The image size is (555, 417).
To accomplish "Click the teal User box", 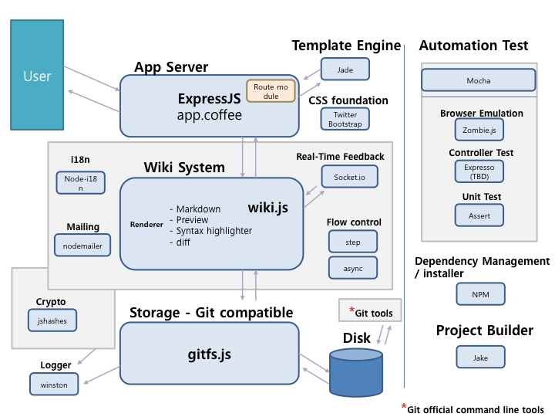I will pyautogui.click(x=37, y=75).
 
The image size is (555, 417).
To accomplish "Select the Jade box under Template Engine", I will pyautogui.click(x=345, y=69).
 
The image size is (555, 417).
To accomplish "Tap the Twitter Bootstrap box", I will pyautogui.click(x=345, y=119).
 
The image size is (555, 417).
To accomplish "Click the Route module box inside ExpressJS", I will pyautogui.click(x=271, y=92).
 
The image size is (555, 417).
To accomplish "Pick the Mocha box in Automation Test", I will pyautogui.click(x=478, y=80).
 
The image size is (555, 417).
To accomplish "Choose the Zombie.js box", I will pyautogui.click(x=479, y=128).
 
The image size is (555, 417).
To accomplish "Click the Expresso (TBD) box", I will pyautogui.click(x=479, y=171).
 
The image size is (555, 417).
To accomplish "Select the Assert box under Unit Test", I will pyautogui.click(x=479, y=215).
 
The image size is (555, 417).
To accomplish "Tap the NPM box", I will pyautogui.click(x=479, y=294).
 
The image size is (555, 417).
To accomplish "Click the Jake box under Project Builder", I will pyautogui.click(x=479, y=357).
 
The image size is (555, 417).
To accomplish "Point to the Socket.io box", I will pyautogui.click(x=350, y=177).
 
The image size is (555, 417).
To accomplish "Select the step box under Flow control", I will pyautogui.click(x=353, y=242).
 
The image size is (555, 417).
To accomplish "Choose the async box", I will pyautogui.click(x=353, y=267).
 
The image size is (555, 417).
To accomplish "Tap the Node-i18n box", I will pyautogui.click(x=80, y=183).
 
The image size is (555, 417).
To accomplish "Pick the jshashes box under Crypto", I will pyautogui.click(x=52, y=320).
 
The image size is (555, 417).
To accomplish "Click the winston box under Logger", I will pyautogui.click(x=54, y=384).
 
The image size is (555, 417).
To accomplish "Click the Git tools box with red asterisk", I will pyautogui.click(x=370, y=311).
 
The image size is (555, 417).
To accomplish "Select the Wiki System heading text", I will pyautogui.click(x=184, y=168).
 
